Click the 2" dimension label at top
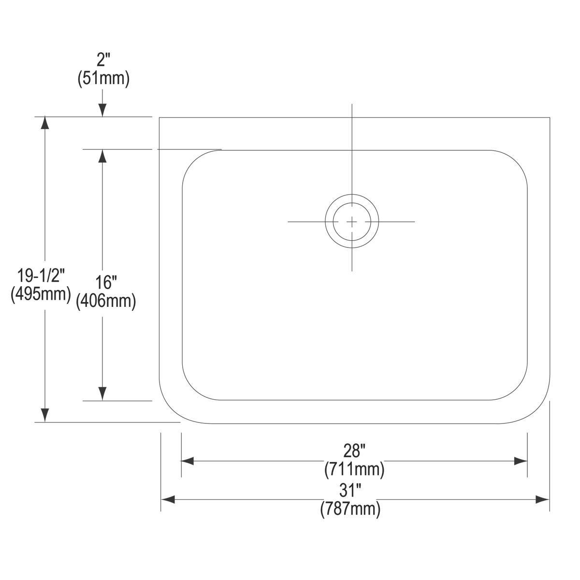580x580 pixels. (x=103, y=61)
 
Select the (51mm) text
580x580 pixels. (x=103, y=79)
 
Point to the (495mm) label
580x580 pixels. (x=41, y=293)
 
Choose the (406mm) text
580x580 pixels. (x=105, y=301)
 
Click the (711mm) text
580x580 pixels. (x=354, y=468)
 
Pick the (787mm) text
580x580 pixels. (x=350, y=509)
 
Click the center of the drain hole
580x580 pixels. (x=352, y=222)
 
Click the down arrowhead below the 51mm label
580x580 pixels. (x=102, y=111)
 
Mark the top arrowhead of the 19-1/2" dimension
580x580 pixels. (x=45, y=123)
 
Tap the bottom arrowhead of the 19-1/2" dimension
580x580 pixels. (x=45, y=415)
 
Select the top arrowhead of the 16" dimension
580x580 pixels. (x=102, y=156)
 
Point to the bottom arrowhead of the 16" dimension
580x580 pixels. (x=102, y=394)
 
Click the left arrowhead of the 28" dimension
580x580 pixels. (x=188, y=461)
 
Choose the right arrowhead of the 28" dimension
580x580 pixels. (x=521, y=461)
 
